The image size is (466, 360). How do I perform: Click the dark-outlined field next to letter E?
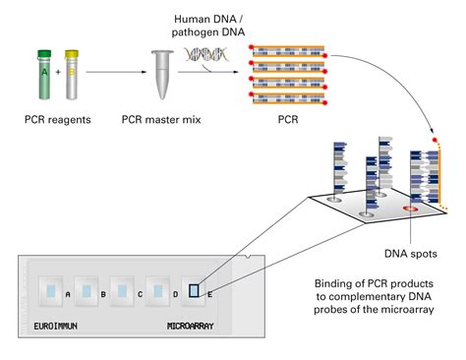(x=197, y=290)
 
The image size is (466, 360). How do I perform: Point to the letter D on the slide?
(x=176, y=294)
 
